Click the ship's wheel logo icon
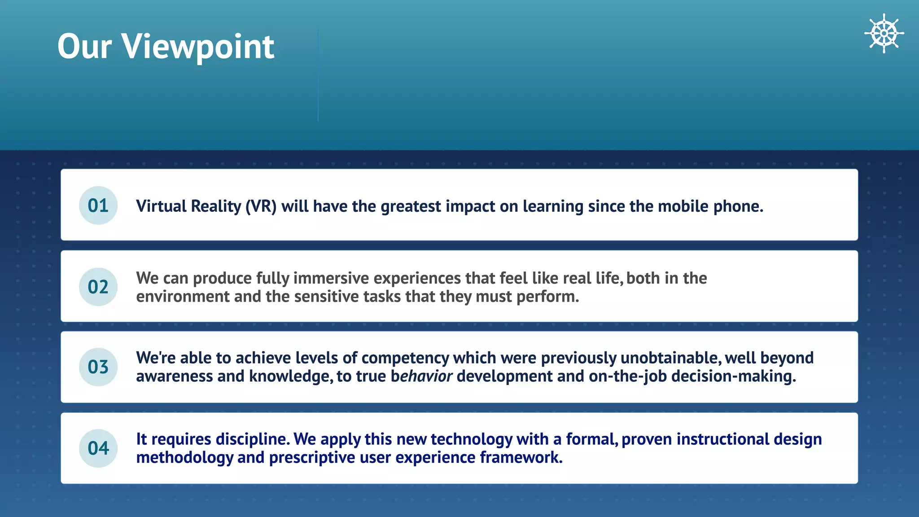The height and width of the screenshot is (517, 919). coord(884,33)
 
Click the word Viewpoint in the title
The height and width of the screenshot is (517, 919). coord(198,47)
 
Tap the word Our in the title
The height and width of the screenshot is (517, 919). coord(84,47)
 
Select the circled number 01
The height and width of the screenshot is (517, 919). coord(98,206)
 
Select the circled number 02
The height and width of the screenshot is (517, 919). coord(98,287)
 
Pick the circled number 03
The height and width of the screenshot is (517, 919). coord(98,367)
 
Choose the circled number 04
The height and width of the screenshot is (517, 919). coord(98,448)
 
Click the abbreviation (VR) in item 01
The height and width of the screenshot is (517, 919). coord(261,206)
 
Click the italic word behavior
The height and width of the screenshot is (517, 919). coord(421,376)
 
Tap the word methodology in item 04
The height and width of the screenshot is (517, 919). coord(184,457)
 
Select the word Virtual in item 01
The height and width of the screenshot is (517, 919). coord(161,206)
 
